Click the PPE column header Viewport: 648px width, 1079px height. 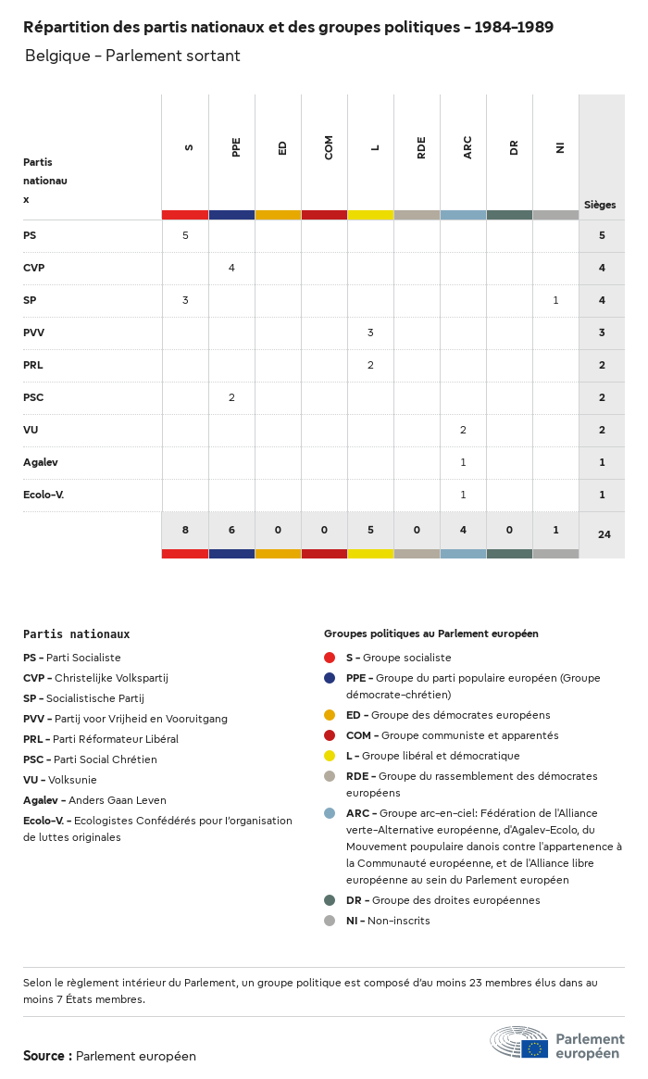click(x=236, y=147)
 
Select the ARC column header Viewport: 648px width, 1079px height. click(x=467, y=147)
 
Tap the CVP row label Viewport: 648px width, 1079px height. click(x=34, y=268)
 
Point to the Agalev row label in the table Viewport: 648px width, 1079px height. click(x=41, y=462)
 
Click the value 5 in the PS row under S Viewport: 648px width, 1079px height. click(x=185, y=235)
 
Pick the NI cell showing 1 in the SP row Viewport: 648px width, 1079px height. click(x=555, y=300)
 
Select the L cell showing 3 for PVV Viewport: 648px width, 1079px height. click(x=370, y=332)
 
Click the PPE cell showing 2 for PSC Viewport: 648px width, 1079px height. click(x=231, y=397)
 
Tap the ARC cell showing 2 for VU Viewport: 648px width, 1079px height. click(x=463, y=430)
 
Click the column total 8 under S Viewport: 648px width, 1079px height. click(x=185, y=530)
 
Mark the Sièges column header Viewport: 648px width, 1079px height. click(x=600, y=205)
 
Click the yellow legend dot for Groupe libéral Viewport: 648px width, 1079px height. click(x=330, y=756)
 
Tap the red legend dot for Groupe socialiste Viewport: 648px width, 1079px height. click(x=330, y=658)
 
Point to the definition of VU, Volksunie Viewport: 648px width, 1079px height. click(x=60, y=780)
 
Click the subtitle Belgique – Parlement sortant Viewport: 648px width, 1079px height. click(x=132, y=56)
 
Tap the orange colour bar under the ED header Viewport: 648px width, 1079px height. click(x=278, y=215)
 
